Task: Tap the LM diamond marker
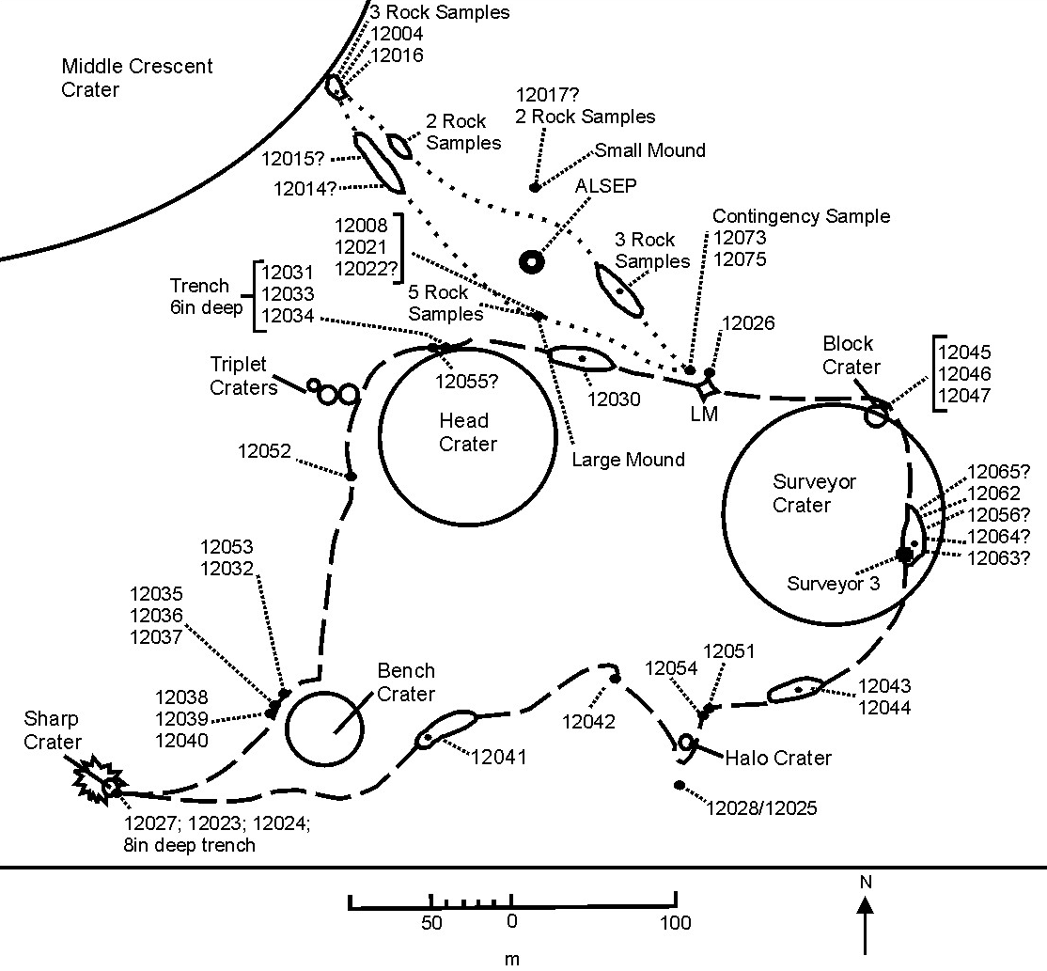pyautogui.click(x=705, y=387)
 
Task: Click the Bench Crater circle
pyautogui.click(x=323, y=729)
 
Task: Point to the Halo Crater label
pyautogui.click(x=778, y=758)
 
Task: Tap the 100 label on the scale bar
pyautogui.click(x=674, y=923)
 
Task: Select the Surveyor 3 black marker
pyautogui.click(x=904, y=555)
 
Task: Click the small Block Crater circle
pyautogui.click(x=876, y=415)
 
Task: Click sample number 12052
pyautogui.click(x=265, y=451)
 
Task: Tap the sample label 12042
pyautogui.click(x=589, y=722)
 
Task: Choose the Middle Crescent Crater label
pyautogui.click(x=137, y=78)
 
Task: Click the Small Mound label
pyautogui.click(x=649, y=150)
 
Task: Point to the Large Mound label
pyautogui.click(x=629, y=460)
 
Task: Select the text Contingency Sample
pyautogui.click(x=801, y=216)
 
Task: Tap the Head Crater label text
pyautogui.click(x=467, y=432)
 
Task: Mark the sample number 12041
pyautogui.click(x=499, y=757)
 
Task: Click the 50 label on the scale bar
pyautogui.click(x=431, y=923)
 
